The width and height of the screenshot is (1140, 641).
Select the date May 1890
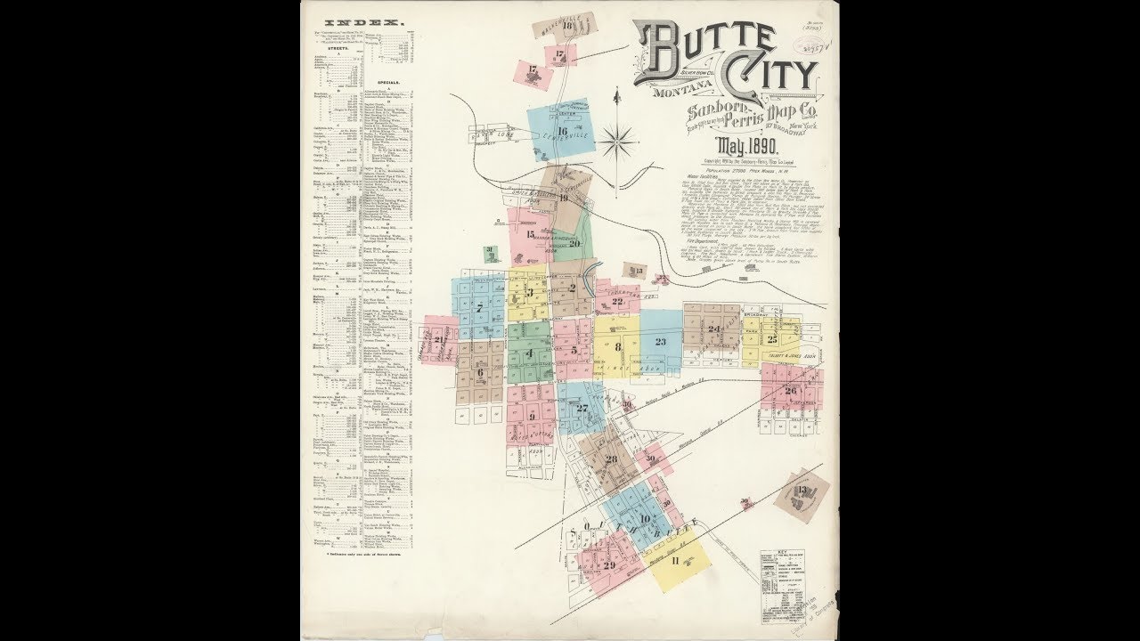(745, 145)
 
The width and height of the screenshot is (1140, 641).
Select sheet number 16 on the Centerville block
(562, 132)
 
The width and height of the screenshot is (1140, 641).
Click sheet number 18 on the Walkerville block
(567, 26)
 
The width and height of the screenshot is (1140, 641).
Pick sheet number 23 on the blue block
(660, 341)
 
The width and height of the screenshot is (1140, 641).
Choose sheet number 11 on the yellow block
(676, 560)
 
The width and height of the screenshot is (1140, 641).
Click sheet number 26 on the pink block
(791, 390)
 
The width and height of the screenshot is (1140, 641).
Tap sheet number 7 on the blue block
(479, 309)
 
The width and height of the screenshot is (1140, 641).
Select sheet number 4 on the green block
(529, 353)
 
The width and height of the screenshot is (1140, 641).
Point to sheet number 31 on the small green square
(489, 250)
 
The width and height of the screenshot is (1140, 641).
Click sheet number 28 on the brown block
(611, 459)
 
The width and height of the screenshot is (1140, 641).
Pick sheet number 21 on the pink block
(439, 339)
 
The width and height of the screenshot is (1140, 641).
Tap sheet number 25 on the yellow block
(772, 339)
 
